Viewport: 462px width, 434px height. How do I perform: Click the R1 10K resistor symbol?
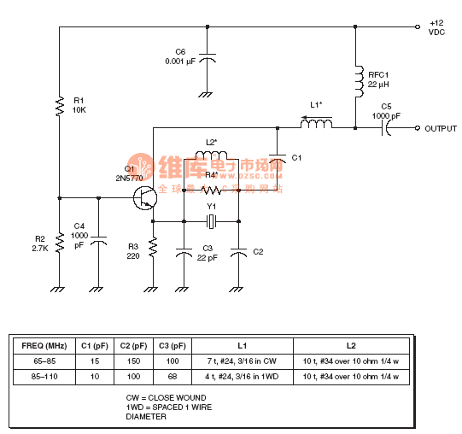(60, 107)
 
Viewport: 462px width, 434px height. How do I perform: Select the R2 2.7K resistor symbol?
(60, 243)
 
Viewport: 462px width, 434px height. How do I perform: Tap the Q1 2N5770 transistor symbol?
(145, 198)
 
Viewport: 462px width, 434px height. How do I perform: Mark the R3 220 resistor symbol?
(153, 248)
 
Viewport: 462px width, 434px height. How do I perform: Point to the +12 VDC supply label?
(436, 26)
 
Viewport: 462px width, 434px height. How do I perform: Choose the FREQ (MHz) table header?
(44, 345)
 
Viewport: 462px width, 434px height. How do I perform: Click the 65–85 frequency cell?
(44, 361)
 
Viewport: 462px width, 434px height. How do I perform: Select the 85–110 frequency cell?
(44, 376)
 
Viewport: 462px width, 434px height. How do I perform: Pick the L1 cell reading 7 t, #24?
(241, 361)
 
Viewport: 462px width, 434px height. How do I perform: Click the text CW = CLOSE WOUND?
(166, 398)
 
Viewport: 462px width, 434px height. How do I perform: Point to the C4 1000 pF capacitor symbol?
(99, 243)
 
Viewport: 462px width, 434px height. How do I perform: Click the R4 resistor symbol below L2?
(211, 191)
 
